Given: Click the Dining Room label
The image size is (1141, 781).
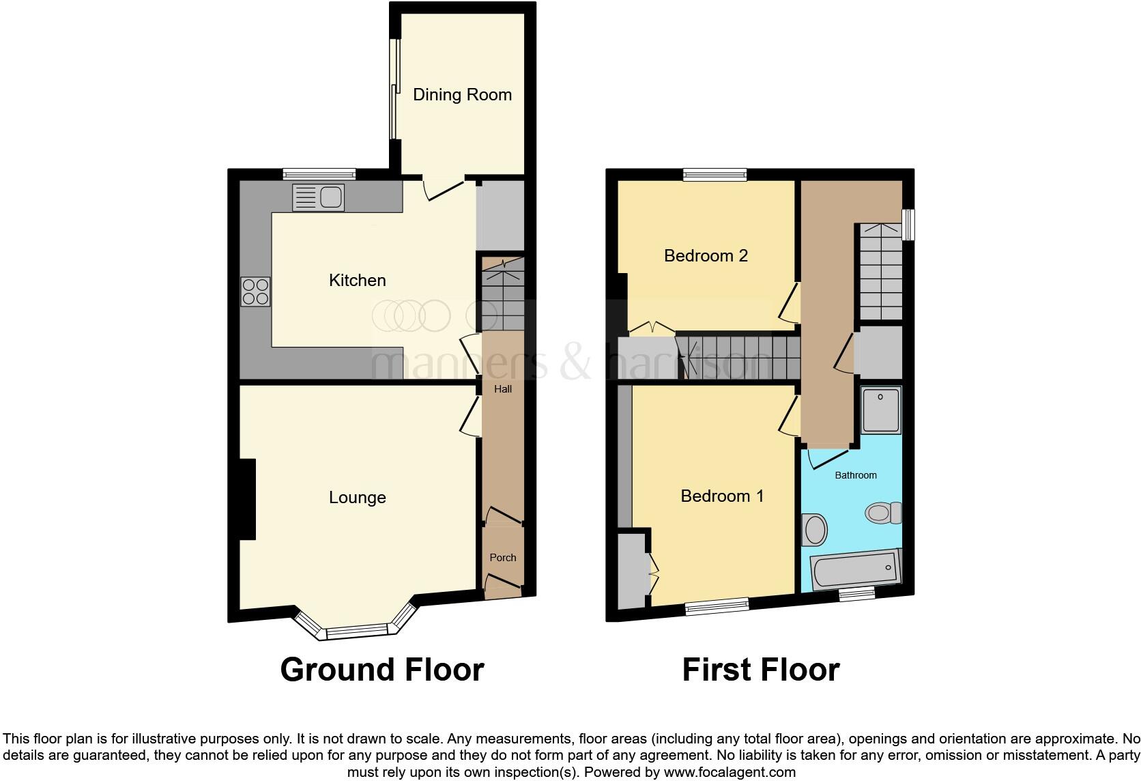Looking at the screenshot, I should (x=462, y=94).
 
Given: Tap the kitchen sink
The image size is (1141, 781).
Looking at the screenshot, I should (x=318, y=197).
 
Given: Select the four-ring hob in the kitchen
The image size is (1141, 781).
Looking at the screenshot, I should (x=256, y=292).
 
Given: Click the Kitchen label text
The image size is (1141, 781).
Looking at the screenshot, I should (x=357, y=280).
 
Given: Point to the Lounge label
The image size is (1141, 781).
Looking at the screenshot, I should (x=357, y=498).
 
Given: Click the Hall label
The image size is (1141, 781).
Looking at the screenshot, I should (x=503, y=389).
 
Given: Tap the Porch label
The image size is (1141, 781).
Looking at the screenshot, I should (x=503, y=558).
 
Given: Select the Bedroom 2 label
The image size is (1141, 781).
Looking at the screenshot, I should (x=706, y=255).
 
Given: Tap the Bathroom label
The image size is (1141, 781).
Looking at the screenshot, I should (x=856, y=475).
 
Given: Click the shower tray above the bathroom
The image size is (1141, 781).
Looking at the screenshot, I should (x=882, y=410).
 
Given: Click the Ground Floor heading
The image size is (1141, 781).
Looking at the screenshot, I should (x=382, y=670).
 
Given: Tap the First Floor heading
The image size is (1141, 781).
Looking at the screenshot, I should (x=761, y=670).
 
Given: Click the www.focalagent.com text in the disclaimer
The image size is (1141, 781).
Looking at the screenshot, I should (x=729, y=772).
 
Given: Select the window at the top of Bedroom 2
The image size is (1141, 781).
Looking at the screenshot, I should (x=715, y=175).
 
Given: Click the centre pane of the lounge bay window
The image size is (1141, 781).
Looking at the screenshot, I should (x=358, y=633).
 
